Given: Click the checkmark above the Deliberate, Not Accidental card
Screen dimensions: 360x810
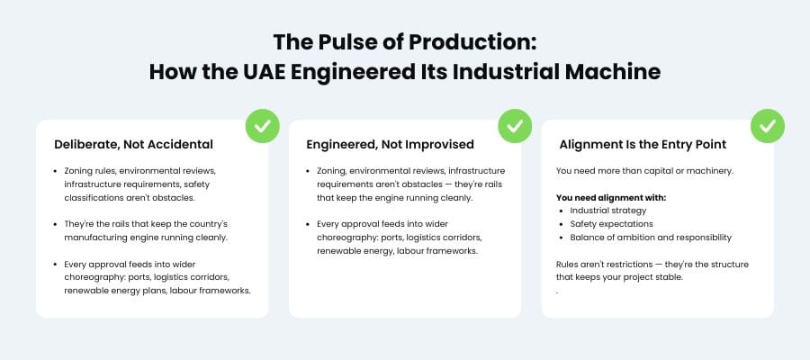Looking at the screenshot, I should (262, 127).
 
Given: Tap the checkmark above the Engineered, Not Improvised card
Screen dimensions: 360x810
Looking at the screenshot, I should (515, 127).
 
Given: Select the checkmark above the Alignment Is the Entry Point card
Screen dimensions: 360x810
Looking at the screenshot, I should (768, 127).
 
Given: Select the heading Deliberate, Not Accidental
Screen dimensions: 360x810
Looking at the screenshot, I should (133, 144).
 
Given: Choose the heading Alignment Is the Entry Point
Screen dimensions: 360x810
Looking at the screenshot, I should (643, 144).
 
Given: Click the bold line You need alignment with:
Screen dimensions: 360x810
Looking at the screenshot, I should (611, 197).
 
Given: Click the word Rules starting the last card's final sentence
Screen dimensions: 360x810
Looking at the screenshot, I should (569, 264).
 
